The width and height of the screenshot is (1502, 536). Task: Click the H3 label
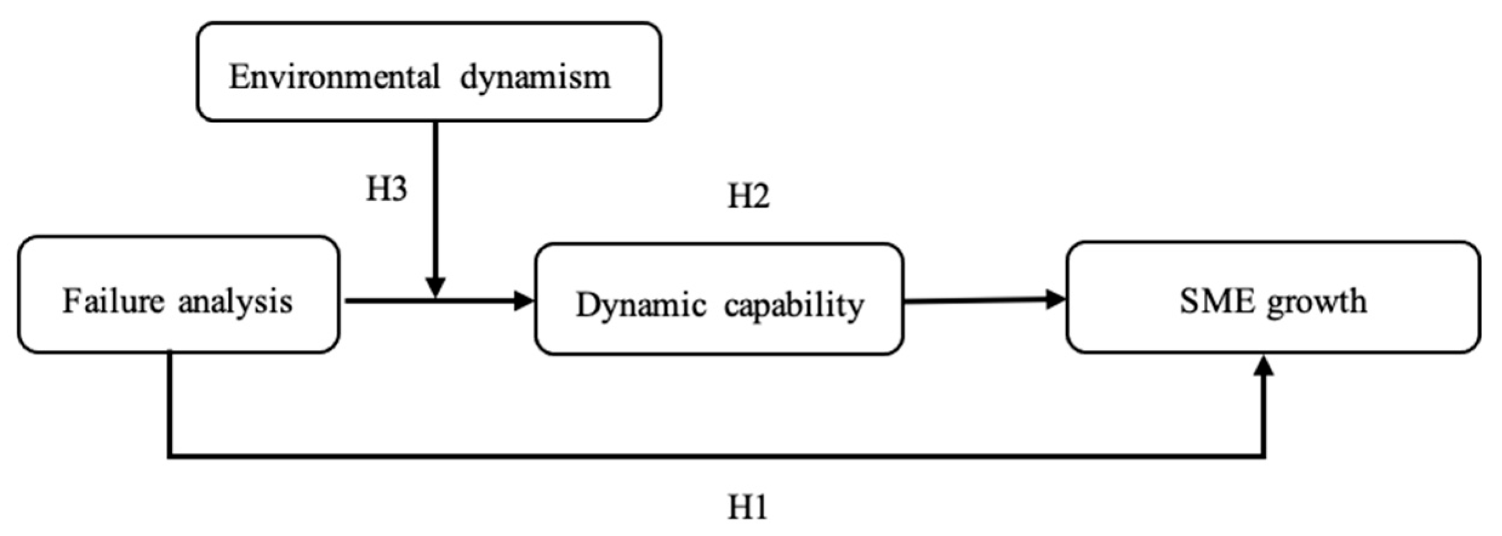pyautogui.click(x=387, y=189)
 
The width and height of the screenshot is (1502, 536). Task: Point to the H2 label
pyautogui.click(x=749, y=196)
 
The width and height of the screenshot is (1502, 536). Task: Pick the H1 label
pyautogui.click(x=747, y=507)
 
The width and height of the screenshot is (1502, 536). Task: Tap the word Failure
pyautogui.click(x=113, y=301)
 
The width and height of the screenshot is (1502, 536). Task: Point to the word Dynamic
pyautogui.click(x=641, y=305)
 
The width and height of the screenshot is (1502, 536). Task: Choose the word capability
pyautogui.click(x=794, y=306)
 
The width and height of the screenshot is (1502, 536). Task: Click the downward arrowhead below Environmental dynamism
pyautogui.click(x=435, y=287)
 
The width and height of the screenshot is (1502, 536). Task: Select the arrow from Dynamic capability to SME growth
pyautogui.click(x=982, y=300)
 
